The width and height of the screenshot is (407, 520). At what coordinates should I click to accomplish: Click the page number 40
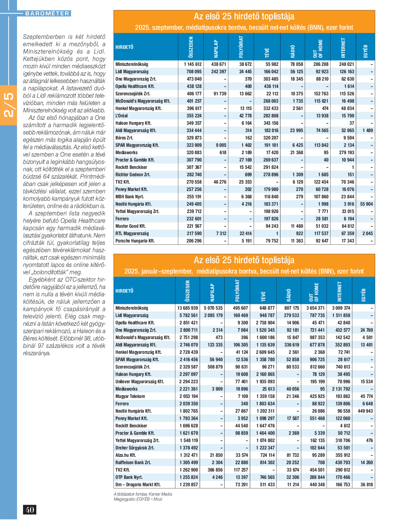(30, 510)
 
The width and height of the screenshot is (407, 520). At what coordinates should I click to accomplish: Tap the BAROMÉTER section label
(47, 13)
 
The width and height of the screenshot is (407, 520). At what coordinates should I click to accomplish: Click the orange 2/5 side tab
(8, 105)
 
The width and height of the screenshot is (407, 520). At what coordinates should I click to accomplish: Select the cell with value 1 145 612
(193, 64)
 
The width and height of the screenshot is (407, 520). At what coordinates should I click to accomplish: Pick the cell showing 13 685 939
(188, 308)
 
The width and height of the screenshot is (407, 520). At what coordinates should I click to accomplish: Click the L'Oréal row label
(122, 116)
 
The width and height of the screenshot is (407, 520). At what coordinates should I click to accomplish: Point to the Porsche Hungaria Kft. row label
(135, 241)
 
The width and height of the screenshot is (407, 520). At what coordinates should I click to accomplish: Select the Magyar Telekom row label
(130, 396)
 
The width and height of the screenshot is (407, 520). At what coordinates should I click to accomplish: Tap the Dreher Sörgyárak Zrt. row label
(135, 448)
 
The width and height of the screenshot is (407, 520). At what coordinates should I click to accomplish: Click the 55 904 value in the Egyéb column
(366, 204)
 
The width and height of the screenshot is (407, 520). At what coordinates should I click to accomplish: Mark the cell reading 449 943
(365, 411)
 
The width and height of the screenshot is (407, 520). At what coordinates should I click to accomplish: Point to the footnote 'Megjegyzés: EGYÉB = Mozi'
(138, 499)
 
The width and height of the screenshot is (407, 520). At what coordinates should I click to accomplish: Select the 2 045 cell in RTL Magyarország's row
(367, 233)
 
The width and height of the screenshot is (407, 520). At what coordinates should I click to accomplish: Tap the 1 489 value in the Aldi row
(367, 130)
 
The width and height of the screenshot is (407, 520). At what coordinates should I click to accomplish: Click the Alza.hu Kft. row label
(126, 455)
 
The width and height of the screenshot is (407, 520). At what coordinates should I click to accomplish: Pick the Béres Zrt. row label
(124, 138)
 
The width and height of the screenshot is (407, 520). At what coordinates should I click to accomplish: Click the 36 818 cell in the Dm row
(366, 485)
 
